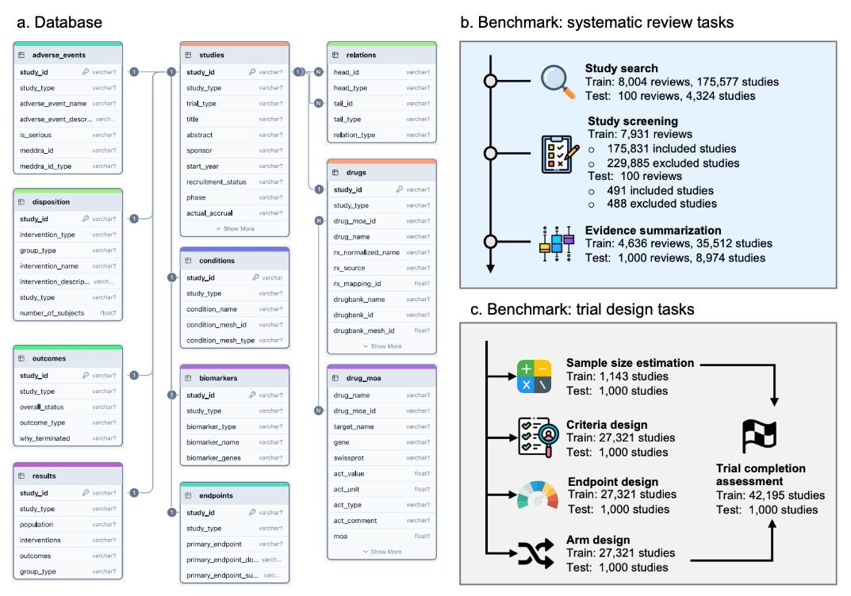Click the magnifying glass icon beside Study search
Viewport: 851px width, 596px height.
pyautogui.click(x=558, y=82)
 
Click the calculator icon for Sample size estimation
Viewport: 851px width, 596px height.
pyautogui.click(x=535, y=376)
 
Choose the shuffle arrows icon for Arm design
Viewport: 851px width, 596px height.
pyautogui.click(x=535, y=554)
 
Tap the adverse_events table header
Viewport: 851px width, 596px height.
pyautogui.click(x=59, y=55)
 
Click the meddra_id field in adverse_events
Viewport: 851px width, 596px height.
pyautogui.click(x=37, y=150)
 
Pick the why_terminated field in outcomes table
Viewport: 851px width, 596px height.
pyautogui.click(x=44, y=438)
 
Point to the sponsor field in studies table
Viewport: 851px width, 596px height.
pyautogui.click(x=199, y=151)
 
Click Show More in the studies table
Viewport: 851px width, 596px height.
pyautogui.click(x=235, y=228)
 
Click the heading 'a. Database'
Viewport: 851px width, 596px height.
pyautogui.click(x=59, y=22)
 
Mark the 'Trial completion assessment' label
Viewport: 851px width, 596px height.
pyautogui.click(x=761, y=475)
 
